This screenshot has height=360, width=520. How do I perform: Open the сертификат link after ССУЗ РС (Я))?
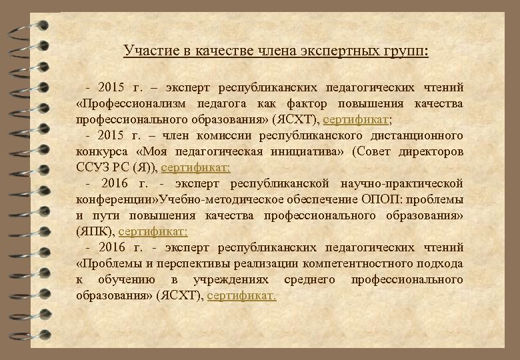tap(191, 168)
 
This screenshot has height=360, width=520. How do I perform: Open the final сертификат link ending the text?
tap(241, 296)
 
